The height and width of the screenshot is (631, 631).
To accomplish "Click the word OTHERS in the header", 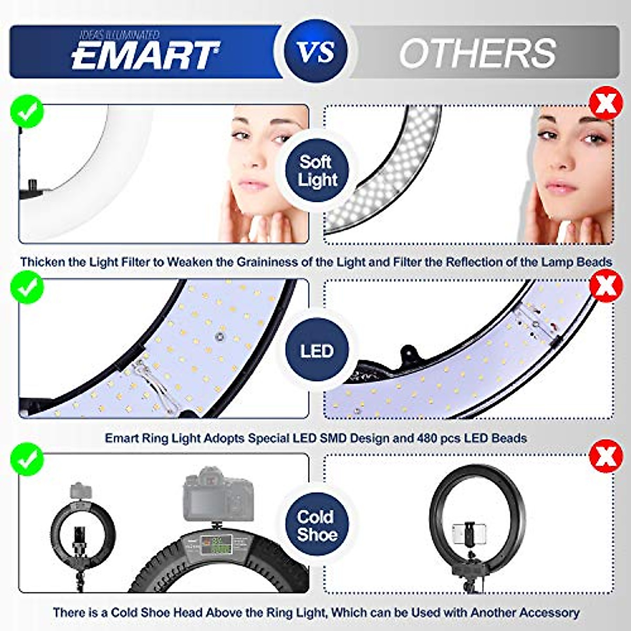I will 477,53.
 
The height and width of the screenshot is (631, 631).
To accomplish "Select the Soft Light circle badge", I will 315,171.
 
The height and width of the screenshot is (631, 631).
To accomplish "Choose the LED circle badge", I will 317,351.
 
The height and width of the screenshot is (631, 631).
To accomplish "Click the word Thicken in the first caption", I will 42,262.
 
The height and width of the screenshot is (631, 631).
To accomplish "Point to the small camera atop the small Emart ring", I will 80,491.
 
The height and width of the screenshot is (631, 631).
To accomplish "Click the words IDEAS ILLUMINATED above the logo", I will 119,35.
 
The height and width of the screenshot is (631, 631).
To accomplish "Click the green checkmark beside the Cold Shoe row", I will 26,459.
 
